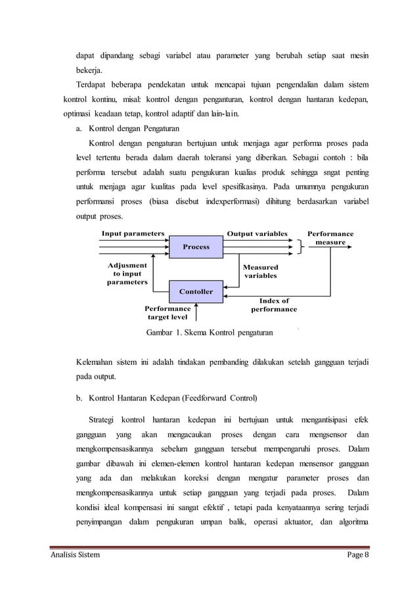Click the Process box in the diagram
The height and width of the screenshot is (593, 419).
[196, 247]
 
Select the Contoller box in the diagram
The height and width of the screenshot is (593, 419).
[196, 291]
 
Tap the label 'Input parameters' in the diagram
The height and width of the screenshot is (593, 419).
[132, 233]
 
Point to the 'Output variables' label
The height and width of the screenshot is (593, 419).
[257, 233]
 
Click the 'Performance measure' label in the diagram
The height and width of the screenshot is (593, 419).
[330, 237]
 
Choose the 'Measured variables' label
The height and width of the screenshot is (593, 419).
[261, 272]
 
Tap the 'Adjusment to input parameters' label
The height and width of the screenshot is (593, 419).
[127, 273]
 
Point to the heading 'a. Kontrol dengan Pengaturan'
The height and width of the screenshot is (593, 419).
[128, 128]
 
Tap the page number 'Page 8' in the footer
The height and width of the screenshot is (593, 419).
[359, 556]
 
